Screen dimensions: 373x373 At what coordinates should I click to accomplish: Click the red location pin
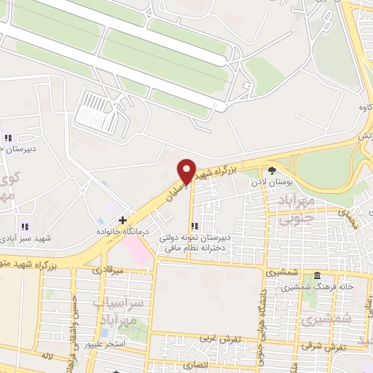pyautogui.click(x=186, y=170)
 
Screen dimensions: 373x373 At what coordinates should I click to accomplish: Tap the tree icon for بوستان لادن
pyautogui.click(x=272, y=169)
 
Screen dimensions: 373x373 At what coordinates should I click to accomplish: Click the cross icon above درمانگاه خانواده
pyautogui.click(x=122, y=219)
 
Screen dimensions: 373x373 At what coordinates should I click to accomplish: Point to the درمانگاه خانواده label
pyautogui.click(x=119, y=230)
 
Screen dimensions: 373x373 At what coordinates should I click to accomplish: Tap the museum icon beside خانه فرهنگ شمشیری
pyautogui.click(x=317, y=276)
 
